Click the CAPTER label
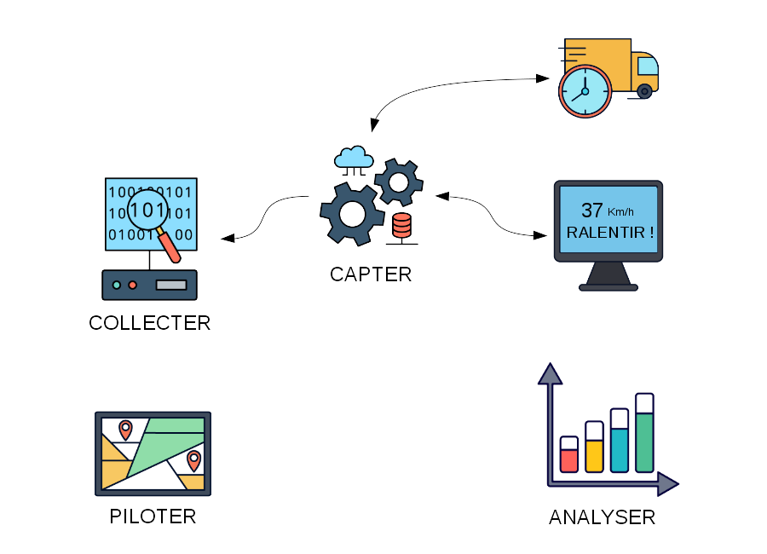371,274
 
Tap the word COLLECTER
149,324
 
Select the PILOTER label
153,516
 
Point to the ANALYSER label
602,517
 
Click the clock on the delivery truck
585,90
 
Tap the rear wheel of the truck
645,90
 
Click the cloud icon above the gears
354,158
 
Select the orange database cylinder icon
401,227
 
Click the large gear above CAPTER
352,213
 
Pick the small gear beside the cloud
398,181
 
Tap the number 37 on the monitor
591,211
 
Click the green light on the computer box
117,285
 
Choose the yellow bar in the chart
594,455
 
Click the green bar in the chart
644,441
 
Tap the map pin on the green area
194,459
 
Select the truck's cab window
648,66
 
